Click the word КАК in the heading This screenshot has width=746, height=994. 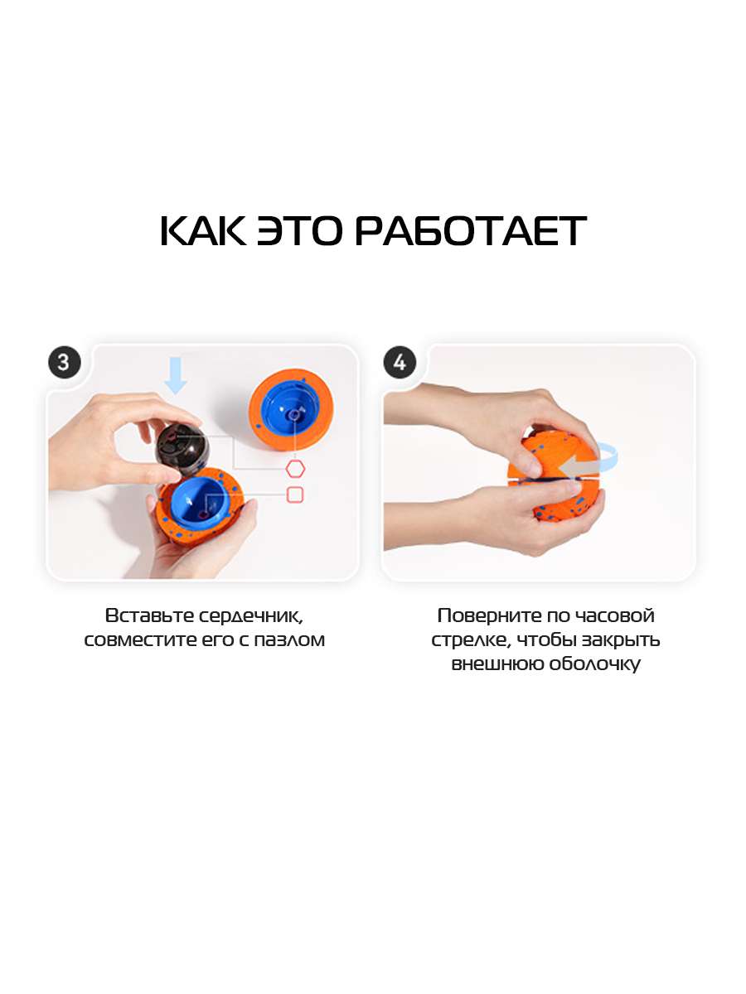click(x=203, y=231)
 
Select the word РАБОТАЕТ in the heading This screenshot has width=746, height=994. click(x=471, y=231)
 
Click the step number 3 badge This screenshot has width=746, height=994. click(x=65, y=362)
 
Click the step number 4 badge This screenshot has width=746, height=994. click(x=400, y=362)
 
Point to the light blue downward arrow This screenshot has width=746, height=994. click(x=176, y=375)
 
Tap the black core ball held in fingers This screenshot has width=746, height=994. click(x=182, y=449)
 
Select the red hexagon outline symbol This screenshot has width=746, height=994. click(x=295, y=469)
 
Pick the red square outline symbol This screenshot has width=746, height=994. click(x=295, y=495)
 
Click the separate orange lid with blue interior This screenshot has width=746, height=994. click(x=291, y=415)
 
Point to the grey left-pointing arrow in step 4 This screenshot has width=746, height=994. click(x=579, y=467)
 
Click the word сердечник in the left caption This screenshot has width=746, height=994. click(x=251, y=617)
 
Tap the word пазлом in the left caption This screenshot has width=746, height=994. click(x=289, y=640)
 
